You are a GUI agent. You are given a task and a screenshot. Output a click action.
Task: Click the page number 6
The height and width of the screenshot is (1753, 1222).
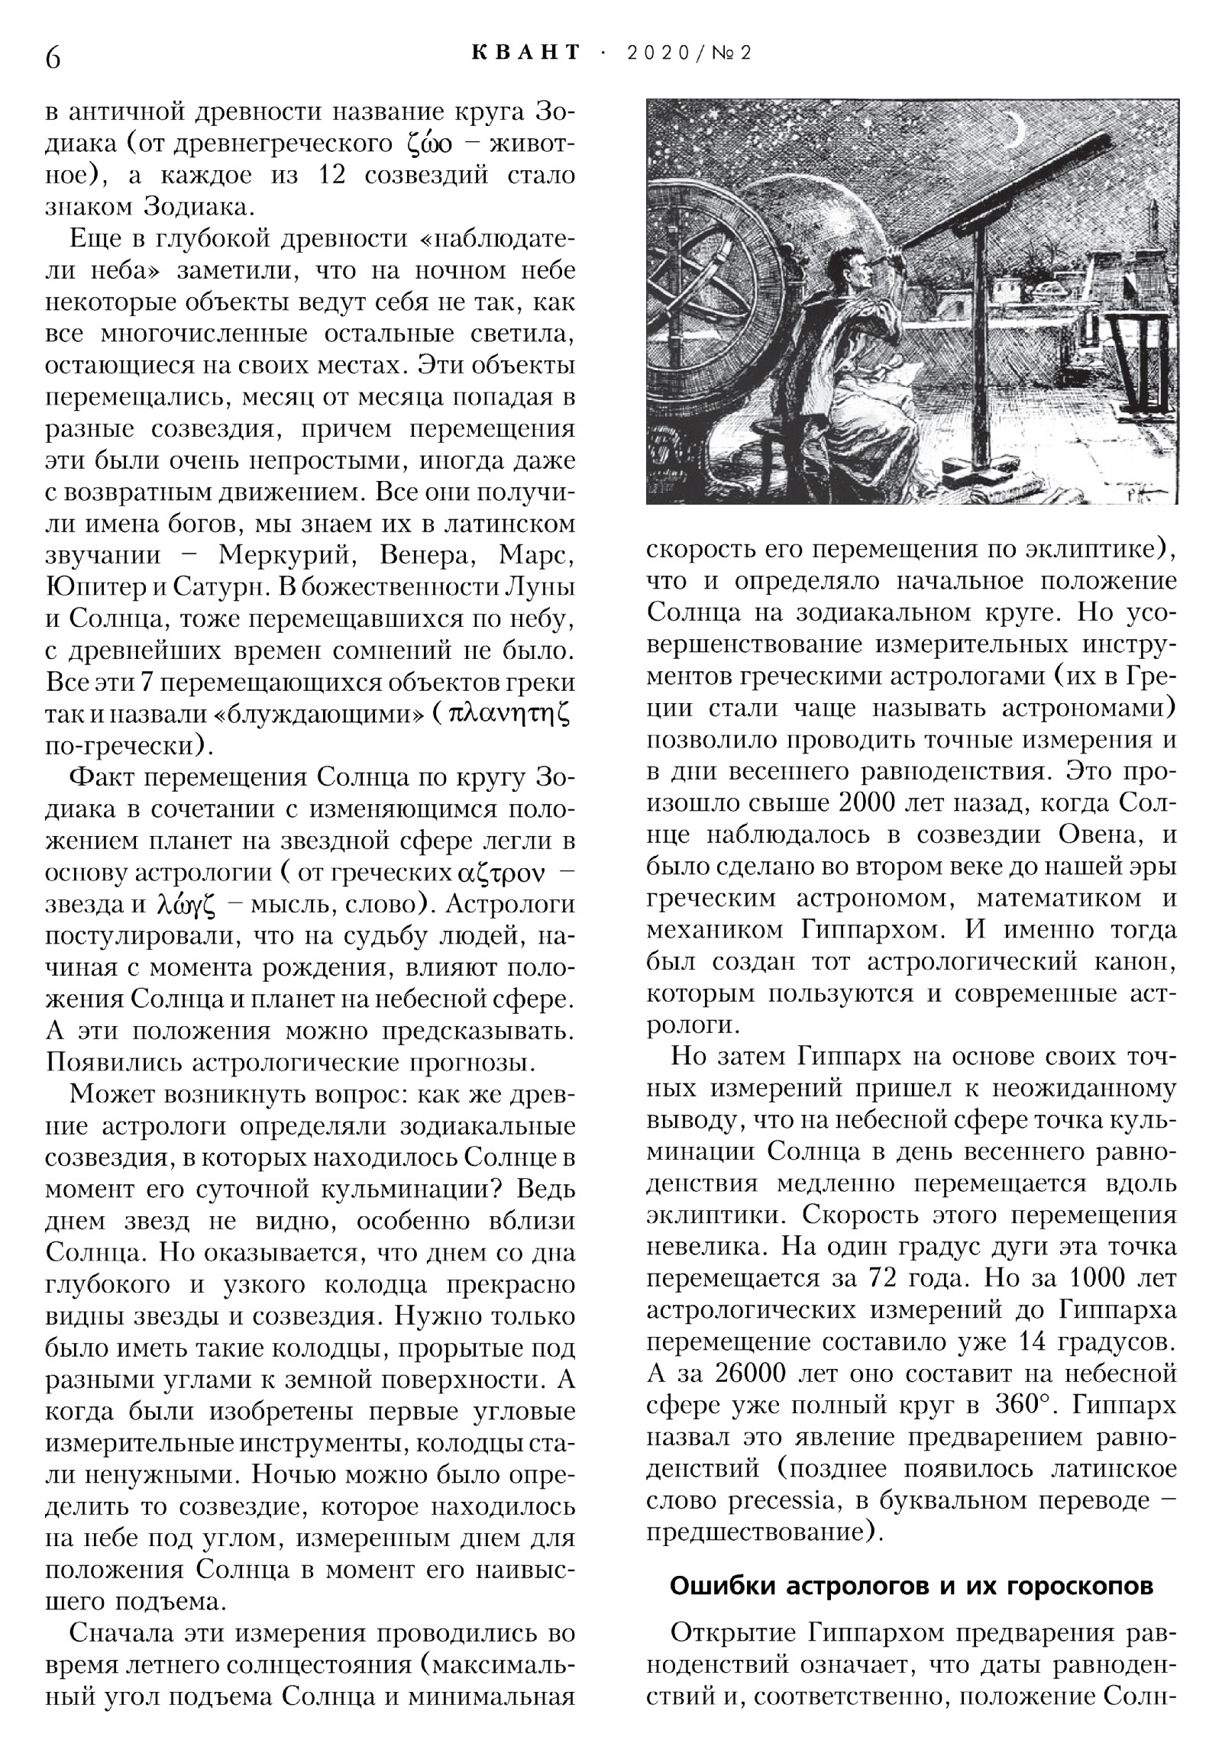click(53, 58)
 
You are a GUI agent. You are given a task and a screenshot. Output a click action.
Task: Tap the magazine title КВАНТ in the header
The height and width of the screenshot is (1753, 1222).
click(525, 53)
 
